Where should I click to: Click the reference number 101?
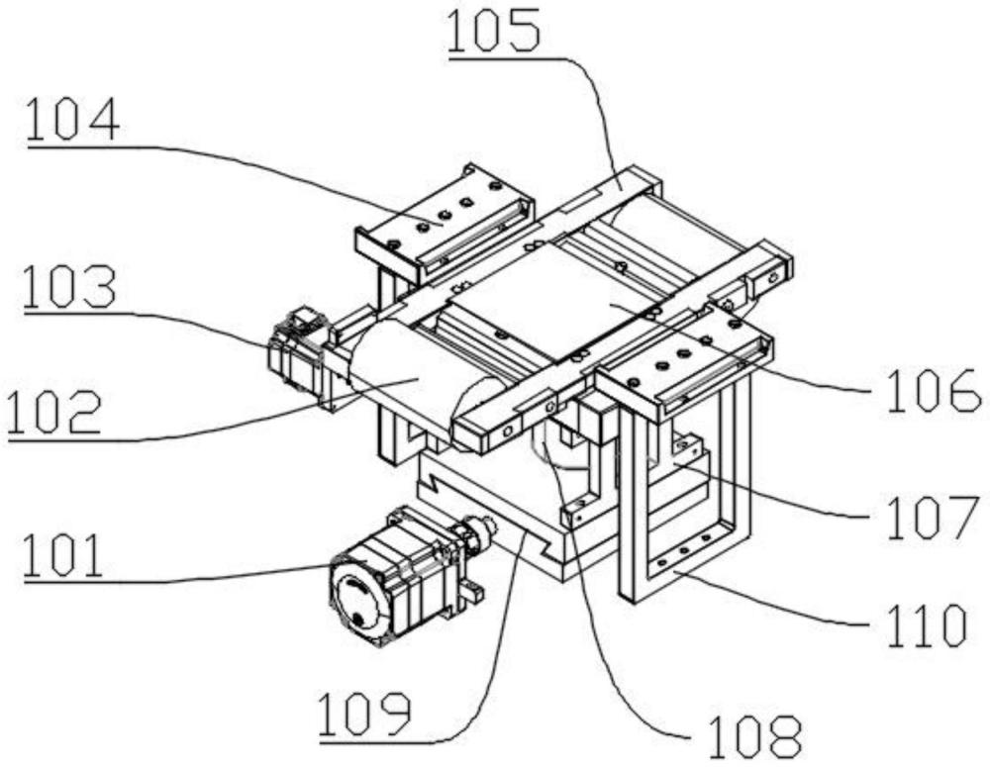(63, 555)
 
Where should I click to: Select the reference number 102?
(54, 412)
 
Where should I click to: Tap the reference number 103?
(70, 287)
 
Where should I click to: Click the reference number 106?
(934, 391)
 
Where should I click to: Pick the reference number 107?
(934, 518)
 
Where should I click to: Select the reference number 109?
(365, 714)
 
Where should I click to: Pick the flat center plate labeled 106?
(601, 298)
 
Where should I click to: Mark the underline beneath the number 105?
(505, 56)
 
